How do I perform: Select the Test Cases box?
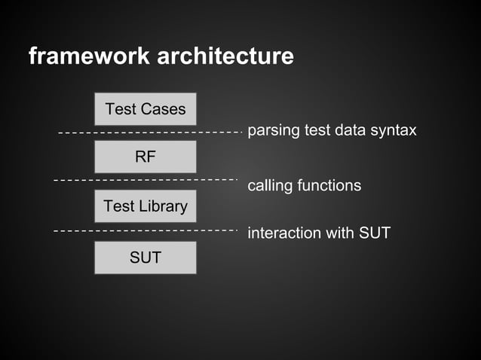pyautogui.click(x=145, y=109)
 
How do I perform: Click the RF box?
pyautogui.click(x=145, y=157)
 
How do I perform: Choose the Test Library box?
pyautogui.click(x=145, y=206)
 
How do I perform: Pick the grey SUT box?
pyautogui.click(x=145, y=258)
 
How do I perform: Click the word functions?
pyautogui.click(x=329, y=185)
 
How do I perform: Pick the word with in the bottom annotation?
pyautogui.click(x=339, y=233)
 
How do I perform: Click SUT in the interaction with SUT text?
pyautogui.click(x=374, y=233)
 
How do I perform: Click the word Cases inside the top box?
pyautogui.click(x=163, y=109)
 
